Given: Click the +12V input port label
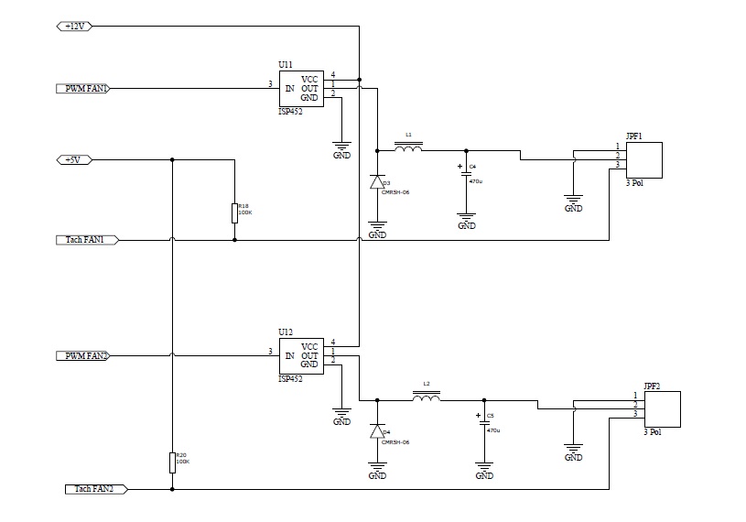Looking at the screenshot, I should click(74, 27).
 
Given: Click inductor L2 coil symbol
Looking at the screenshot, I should click(426, 398).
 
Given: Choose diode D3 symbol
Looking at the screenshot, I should click(376, 182).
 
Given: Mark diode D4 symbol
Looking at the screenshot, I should click(376, 431).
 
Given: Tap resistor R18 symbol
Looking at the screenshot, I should click(234, 212).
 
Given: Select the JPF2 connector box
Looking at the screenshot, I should click(663, 408).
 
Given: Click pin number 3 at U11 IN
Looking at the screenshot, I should click(270, 85).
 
